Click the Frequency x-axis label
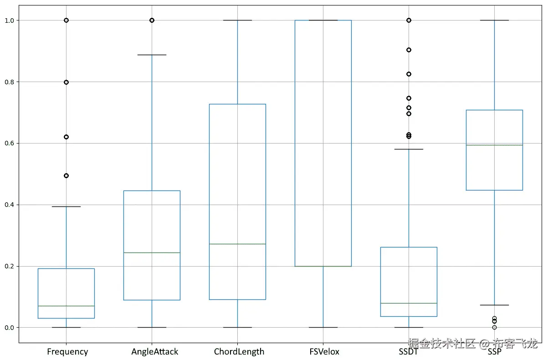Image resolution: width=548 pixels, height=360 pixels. (67, 351)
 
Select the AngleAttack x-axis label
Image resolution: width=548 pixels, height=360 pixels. (155, 351)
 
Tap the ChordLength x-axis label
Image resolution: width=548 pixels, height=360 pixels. (239, 351)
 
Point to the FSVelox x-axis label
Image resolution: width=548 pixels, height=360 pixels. (324, 351)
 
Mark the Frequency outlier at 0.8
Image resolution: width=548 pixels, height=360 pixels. (67, 82)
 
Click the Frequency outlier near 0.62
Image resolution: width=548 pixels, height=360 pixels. (67, 137)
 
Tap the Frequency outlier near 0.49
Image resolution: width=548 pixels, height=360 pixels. (67, 175)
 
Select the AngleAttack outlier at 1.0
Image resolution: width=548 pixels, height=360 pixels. (152, 20)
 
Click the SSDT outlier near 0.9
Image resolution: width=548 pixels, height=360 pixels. (409, 50)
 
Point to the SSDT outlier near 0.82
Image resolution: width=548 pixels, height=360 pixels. (409, 74)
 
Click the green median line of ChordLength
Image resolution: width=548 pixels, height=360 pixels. (237, 244)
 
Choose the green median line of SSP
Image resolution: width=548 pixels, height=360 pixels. (494, 145)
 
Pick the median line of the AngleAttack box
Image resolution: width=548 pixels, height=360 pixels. (152, 252)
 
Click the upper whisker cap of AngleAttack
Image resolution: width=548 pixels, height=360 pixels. (152, 55)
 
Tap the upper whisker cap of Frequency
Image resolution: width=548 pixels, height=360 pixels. (67, 206)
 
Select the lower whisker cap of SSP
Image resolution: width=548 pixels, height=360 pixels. (494, 305)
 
